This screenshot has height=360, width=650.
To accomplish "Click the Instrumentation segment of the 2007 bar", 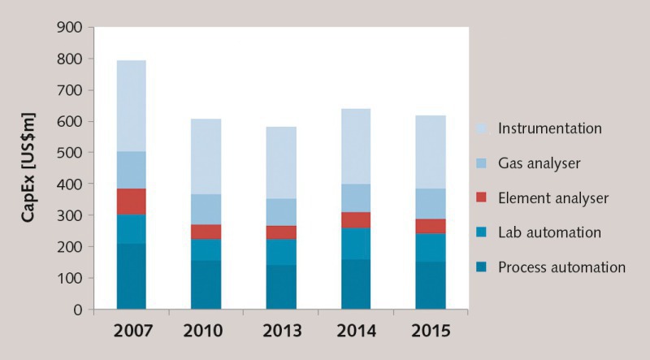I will [x=132, y=106].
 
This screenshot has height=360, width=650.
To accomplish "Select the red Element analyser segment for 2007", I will [x=132, y=202].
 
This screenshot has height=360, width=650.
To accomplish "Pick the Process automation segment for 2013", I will [x=281, y=287].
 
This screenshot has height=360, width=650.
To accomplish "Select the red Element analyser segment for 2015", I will [x=431, y=227].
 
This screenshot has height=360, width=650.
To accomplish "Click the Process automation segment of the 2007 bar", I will [x=132, y=276].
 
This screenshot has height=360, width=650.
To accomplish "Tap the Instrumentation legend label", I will [x=550, y=128].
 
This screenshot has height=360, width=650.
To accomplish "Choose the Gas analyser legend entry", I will [x=539, y=163].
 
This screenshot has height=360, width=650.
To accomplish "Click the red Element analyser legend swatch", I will [x=482, y=198].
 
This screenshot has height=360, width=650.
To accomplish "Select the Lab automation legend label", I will [x=550, y=232].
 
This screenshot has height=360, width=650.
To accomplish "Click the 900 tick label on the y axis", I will [x=70, y=28].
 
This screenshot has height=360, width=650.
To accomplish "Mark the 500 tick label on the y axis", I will [x=70, y=153].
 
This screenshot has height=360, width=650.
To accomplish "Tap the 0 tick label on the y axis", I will [x=79, y=310].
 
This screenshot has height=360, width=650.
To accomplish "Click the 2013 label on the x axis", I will [x=281, y=332].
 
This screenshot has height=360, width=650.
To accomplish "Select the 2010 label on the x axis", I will [x=206, y=332].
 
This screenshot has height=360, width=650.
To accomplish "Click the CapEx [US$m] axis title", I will [x=28, y=168].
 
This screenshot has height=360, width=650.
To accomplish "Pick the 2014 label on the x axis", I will [x=356, y=332].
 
